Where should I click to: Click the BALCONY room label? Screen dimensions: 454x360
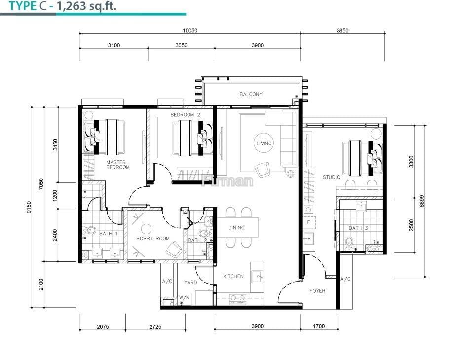(251, 94)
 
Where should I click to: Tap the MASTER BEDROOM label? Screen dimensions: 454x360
(117, 165)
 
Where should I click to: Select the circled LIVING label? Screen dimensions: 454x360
(264, 143)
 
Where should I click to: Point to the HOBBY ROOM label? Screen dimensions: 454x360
(153, 239)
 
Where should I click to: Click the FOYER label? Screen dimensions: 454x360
(317, 291)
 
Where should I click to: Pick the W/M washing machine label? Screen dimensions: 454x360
(184, 297)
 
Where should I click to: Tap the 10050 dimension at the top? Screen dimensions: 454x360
(190, 31)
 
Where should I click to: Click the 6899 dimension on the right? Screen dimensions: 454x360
(422, 201)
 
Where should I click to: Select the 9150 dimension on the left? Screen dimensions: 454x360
(29, 207)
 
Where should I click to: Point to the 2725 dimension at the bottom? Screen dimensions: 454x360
(155, 327)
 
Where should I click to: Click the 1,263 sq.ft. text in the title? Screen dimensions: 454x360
(86, 6)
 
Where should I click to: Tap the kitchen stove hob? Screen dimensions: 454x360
(238, 299)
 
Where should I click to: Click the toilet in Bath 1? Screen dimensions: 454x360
(90, 230)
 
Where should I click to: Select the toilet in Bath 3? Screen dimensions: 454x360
(349, 242)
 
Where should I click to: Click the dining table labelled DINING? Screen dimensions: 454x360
(238, 228)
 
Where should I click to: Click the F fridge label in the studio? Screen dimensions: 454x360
(308, 222)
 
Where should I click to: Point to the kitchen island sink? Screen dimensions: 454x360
(257, 277)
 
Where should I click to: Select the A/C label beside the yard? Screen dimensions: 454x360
(167, 281)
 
